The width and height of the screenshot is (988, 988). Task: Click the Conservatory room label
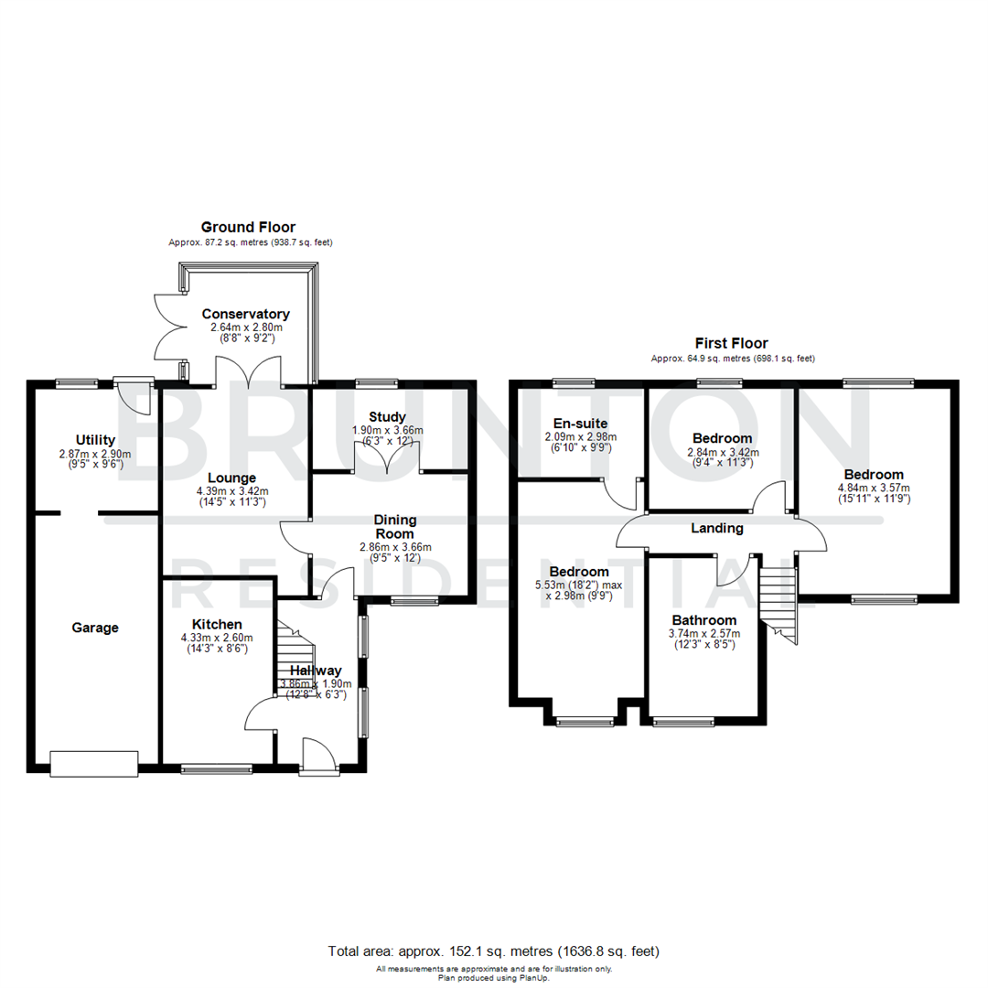pos(245,314)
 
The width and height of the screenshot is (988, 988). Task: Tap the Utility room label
pos(95,440)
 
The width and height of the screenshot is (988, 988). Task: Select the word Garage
pos(95,628)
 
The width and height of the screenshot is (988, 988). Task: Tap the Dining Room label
pos(394,526)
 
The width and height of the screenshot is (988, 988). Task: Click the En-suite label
pos(580,423)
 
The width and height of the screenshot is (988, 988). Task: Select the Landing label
pos(716,528)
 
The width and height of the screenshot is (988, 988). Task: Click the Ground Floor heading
pos(248,227)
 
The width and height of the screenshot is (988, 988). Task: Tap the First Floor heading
pos(733,343)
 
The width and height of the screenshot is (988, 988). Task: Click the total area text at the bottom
pos(493,951)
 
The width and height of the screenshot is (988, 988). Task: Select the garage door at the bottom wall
pos(94,763)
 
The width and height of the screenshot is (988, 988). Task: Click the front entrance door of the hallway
pos(318,757)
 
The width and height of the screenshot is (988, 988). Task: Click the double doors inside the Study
pos(388,457)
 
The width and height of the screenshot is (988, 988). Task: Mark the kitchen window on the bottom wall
pos(216,769)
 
